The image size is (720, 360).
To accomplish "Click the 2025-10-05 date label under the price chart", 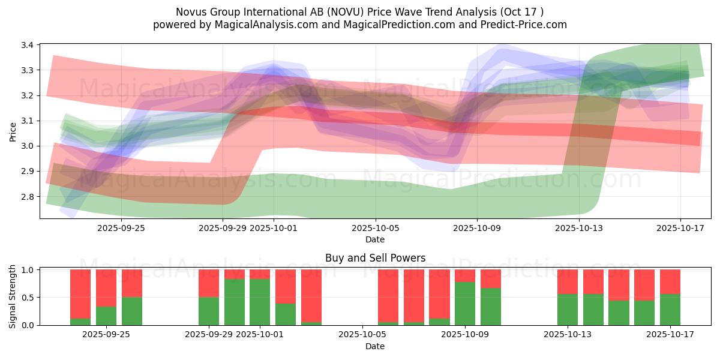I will [x=376, y=228].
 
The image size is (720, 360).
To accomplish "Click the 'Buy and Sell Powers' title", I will [x=375, y=258].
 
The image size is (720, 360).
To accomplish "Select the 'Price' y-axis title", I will [x=13, y=131].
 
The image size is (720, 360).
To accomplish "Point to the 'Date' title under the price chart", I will [x=375, y=239].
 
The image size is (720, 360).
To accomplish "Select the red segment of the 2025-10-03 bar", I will [x=311, y=295].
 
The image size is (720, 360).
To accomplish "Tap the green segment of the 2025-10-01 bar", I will [x=260, y=302].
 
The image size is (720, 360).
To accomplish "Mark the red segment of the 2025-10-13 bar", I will [x=568, y=281].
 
